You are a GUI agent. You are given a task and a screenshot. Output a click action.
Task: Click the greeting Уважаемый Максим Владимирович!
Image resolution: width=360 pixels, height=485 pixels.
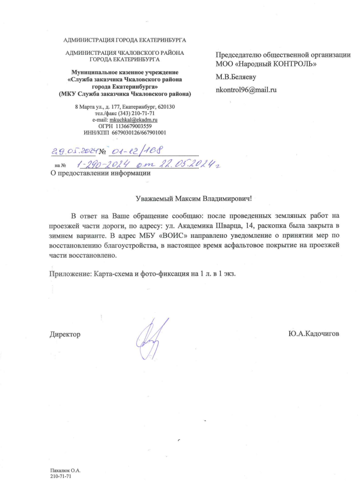[x=194, y=198]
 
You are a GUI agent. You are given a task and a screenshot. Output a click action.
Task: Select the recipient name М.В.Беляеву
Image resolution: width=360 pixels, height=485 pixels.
[x=236, y=77]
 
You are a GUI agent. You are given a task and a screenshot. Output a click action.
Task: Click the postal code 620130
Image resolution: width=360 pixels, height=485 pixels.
[x=165, y=107]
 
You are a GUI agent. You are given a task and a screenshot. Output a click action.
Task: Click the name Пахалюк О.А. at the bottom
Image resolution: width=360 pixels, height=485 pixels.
[x=65, y=470]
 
